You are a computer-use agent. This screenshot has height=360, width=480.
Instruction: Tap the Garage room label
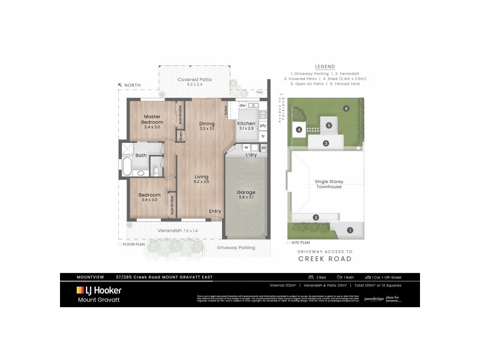tap(246, 195)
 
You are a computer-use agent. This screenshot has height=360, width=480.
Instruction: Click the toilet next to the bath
tap(155, 172)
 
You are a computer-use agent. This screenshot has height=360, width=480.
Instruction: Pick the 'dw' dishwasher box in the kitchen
tap(242, 106)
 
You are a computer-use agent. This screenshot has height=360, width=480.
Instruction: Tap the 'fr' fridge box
tap(263, 136)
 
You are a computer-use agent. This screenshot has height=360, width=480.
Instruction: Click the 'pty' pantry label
tap(263, 125)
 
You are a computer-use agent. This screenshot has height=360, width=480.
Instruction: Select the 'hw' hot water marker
tap(259, 92)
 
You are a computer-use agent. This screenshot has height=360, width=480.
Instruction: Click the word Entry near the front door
tap(215, 211)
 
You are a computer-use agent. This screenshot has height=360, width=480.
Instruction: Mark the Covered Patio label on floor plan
tap(195, 79)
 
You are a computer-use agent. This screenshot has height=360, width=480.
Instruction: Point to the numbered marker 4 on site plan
tap(298, 129)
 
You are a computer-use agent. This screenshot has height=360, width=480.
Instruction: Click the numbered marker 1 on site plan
tap(350, 229)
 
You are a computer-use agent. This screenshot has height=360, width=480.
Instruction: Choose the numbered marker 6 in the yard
tap(346, 109)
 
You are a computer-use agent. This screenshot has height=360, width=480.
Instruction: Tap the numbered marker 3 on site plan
tap(325, 143)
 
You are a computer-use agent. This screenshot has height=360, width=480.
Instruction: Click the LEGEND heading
tap(325, 67)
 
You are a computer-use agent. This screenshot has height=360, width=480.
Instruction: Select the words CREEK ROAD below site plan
tap(325, 259)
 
